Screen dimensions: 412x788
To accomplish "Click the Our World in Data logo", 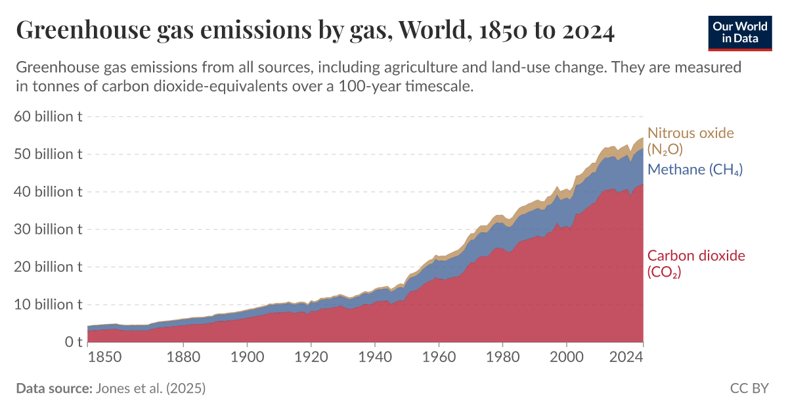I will click(x=739, y=32).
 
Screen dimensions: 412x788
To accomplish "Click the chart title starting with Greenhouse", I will click(x=315, y=31).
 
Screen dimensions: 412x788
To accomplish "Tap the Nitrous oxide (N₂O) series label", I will click(x=690, y=141).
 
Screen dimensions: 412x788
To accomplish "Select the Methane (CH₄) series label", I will click(x=695, y=170).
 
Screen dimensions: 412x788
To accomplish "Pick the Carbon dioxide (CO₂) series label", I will click(x=696, y=263).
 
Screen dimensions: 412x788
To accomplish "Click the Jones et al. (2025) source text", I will click(x=150, y=388).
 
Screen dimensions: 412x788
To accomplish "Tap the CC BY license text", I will click(x=749, y=388).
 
